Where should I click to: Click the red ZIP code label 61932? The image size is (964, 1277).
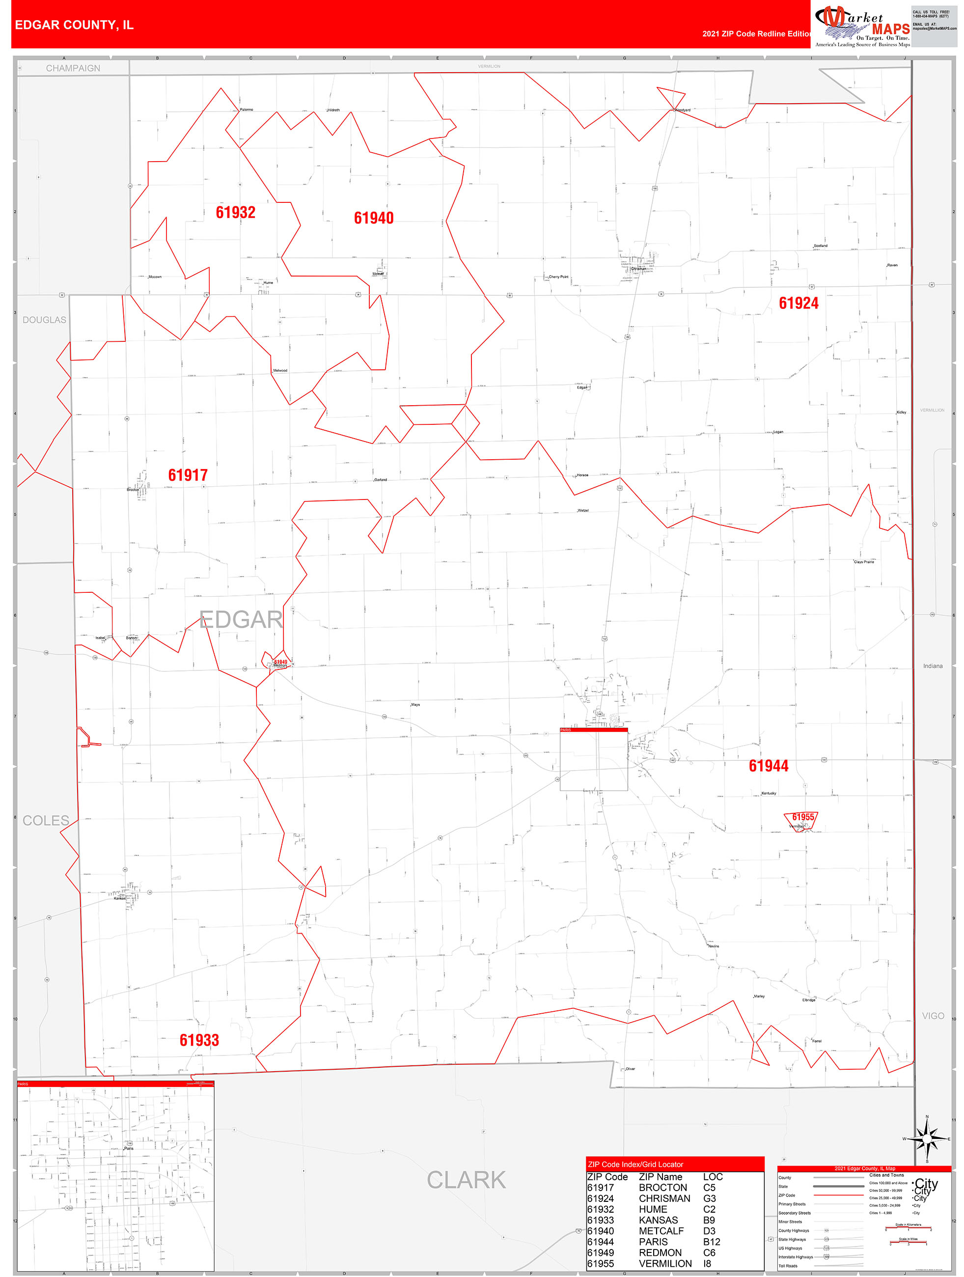[x=236, y=213]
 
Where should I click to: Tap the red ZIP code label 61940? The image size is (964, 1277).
[x=374, y=218]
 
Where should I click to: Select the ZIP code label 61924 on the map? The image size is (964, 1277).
[x=799, y=303]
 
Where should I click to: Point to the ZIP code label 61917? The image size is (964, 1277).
[x=188, y=475]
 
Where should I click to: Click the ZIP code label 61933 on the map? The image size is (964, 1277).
[x=199, y=1040]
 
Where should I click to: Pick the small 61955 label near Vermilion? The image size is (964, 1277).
[x=803, y=817]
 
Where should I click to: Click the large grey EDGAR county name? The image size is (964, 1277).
[x=241, y=619]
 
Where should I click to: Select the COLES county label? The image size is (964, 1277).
[x=46, y=820]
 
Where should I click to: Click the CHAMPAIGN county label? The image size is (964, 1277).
[x=73, y=68]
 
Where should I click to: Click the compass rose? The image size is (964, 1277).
[x=927, y=1139]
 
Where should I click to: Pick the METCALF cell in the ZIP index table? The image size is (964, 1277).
[x=661, y=1231]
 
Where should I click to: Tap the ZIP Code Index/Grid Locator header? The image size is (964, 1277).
[x=635, y=1165]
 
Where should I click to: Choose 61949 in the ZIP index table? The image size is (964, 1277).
[x=600, y=1253]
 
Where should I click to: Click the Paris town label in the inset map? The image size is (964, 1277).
[x=129, y=1148]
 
